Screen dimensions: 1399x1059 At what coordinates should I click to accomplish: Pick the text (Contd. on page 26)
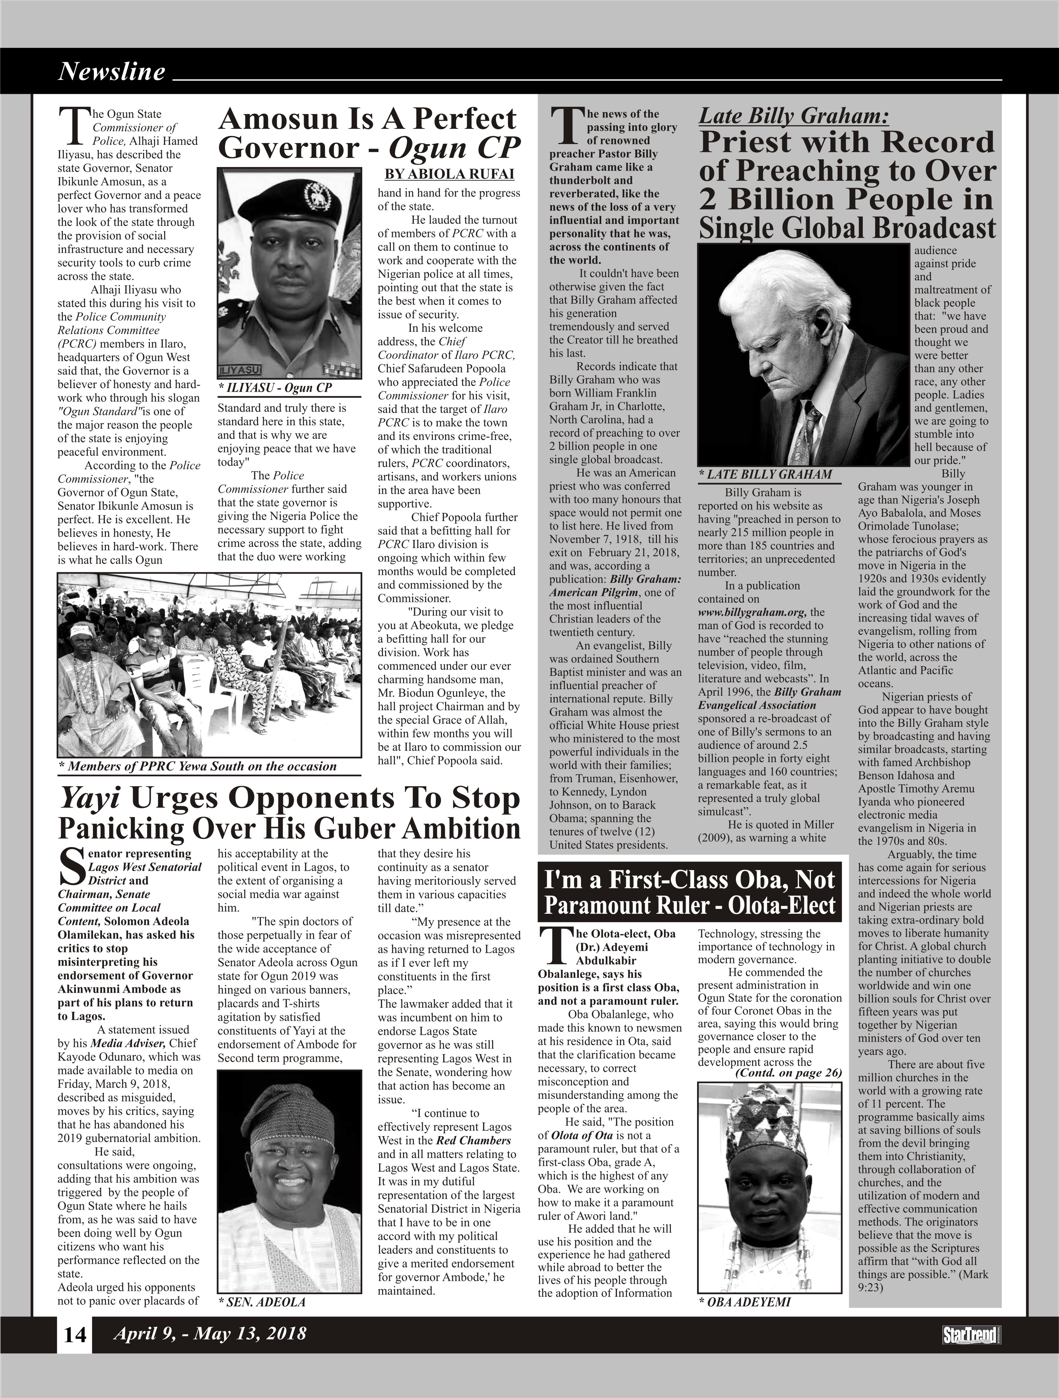(x=788, y=1073)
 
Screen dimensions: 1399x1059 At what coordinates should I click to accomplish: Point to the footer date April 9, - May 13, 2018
(x=209, y=1334)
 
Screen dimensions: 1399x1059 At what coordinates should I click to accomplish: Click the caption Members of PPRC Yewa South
(x=197, y=767)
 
